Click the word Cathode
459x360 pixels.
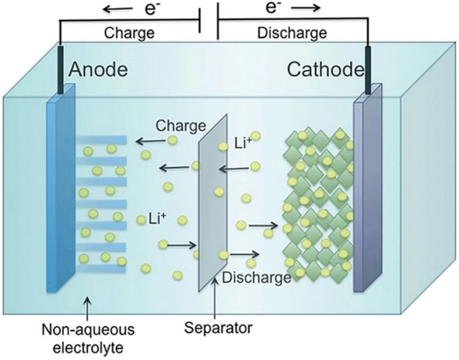pos(326,69)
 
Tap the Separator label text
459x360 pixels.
pos(218,327)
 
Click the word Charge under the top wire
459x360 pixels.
pos(129,33)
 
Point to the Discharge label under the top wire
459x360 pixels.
pos(292,33)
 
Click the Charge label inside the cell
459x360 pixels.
pos(181,125)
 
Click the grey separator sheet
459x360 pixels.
pos(212,204)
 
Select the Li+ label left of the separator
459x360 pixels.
pos(157,220)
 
